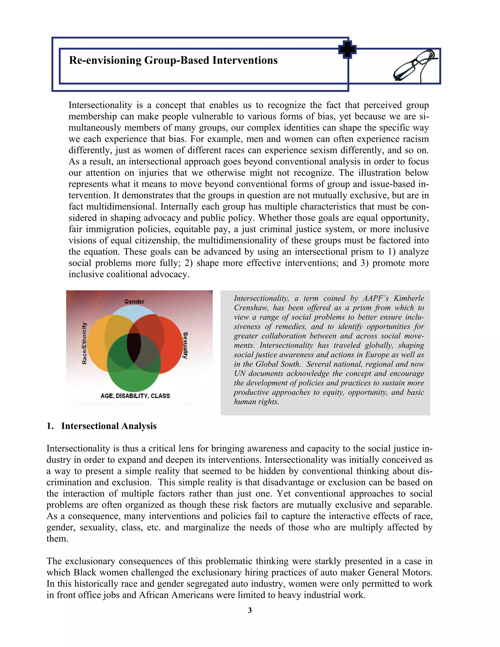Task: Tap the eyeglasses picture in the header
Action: (415, 66)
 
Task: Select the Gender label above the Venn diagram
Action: (134, 302)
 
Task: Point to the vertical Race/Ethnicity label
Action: (84, 343)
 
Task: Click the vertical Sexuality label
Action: (185, 345)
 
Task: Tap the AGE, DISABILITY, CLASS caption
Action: (135, 396)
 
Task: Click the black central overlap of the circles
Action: (134, 347)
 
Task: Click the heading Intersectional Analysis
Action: (109, 426)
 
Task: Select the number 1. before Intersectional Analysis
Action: (50, 426)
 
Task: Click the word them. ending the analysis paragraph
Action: (57, 539)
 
